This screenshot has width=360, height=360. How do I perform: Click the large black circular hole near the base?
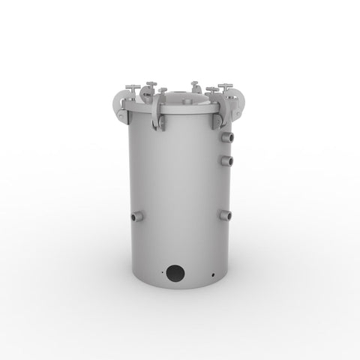click(x=175, y=274)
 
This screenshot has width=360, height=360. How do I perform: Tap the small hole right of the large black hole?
click(x=214, y=275)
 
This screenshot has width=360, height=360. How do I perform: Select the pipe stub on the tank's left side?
click(x=136, y=216)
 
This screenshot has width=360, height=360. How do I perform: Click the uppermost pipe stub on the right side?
click(x=228, y=137)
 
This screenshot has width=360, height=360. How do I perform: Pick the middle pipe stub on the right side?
click(x=228, y=160)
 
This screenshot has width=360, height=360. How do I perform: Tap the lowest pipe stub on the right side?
click(x=225, y=215)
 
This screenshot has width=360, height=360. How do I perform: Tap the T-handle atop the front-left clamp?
click(x=162, y=91)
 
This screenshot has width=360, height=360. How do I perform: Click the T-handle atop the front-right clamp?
click(x=211, y=90)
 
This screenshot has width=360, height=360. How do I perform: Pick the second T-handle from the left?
click(x=151, y=84)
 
